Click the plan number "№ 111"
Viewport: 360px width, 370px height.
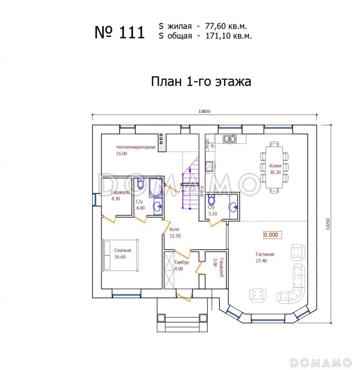120,32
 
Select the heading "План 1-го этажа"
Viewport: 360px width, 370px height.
201,82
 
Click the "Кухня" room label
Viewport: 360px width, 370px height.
275,165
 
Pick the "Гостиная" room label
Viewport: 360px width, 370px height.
265,254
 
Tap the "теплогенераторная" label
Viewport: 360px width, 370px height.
135,148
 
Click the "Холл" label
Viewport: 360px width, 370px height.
174,229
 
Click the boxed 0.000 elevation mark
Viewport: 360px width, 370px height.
272,235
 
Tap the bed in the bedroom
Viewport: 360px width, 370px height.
121,254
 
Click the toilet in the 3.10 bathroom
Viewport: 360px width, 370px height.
211,200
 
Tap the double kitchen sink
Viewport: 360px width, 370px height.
229,139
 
